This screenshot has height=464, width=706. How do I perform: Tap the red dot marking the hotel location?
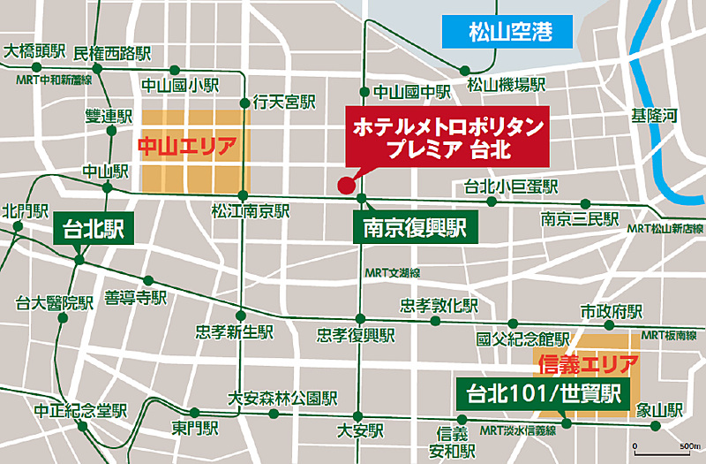(344, 185)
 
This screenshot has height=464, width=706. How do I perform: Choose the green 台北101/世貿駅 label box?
(540, 391)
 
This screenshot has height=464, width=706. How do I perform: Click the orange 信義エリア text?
(585, 362)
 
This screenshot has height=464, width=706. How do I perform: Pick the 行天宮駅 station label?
(283, 103)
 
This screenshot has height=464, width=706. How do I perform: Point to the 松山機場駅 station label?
(507, 85)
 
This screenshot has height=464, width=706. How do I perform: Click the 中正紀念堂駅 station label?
(80, 412)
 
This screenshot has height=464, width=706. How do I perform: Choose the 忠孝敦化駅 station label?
(439, 305)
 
